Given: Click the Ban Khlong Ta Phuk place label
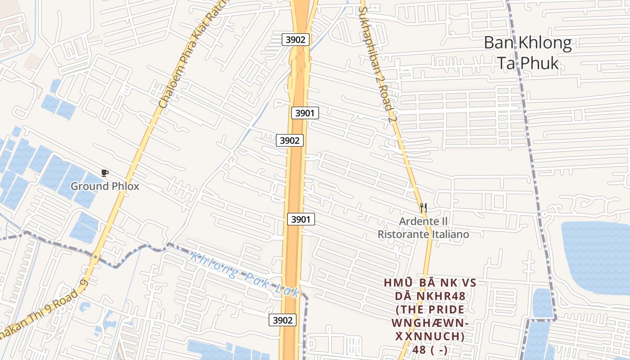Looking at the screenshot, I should [x=527, y=53].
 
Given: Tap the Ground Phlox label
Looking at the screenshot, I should [x=105, y=186].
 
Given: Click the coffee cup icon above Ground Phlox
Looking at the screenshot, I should [x=105, y=173].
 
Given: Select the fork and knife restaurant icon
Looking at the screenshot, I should [x=423, y=207].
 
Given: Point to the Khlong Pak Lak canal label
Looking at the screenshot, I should [x=245, y=275].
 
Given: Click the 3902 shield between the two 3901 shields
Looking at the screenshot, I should [x=289, y=140].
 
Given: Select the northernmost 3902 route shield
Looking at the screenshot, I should [x=296, y=40].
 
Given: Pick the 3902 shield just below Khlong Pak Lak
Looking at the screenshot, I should [x=283, y=320].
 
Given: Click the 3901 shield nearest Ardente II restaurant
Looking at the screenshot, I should [x=301, y=220].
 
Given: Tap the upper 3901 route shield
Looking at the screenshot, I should [x=305, y=113].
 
